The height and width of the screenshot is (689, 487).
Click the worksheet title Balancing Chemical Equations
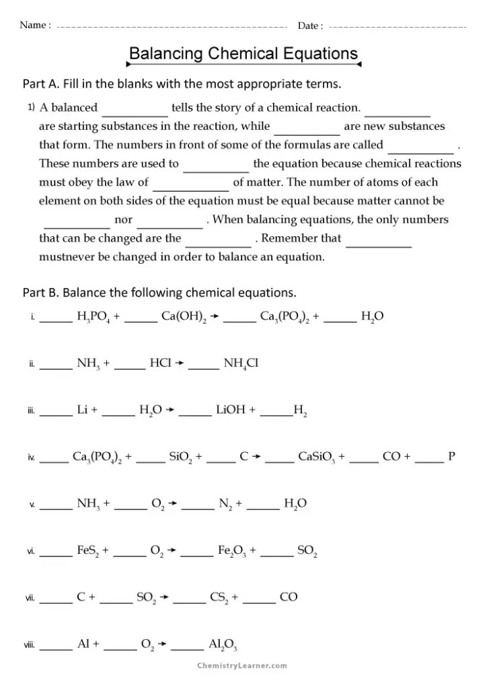coord(243,53)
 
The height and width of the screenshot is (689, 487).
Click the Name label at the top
coord(35,26)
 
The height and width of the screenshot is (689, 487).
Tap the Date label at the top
coord(310,26)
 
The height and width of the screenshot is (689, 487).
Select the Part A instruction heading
coord(182,84)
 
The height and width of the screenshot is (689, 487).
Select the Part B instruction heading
coord(159,293)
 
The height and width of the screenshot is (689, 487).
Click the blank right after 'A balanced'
coord(135,108)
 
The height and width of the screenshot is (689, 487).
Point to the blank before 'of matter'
coord(191,182)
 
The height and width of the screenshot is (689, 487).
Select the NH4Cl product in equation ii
coord(241,363)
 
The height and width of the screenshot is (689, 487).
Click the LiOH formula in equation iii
coord(231,410)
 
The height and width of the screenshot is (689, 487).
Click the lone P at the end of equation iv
coord(451,456)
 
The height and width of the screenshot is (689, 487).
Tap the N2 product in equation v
coord(225,503)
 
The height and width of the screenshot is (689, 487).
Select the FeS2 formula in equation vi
coord(88,550)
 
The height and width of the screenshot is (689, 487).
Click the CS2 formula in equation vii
coord(219,597)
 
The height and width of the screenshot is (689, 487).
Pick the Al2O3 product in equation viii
coord(223,645)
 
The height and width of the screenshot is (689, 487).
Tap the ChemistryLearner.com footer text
coord(242,665)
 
